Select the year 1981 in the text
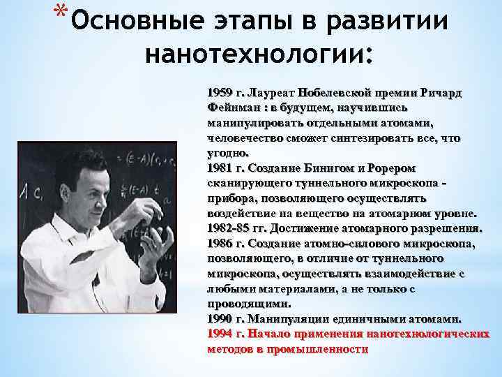click(220, 168)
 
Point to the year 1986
click(220, 244)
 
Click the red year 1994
click(220, 334)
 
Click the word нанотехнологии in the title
click(258, 54)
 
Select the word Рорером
click(390, 168)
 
